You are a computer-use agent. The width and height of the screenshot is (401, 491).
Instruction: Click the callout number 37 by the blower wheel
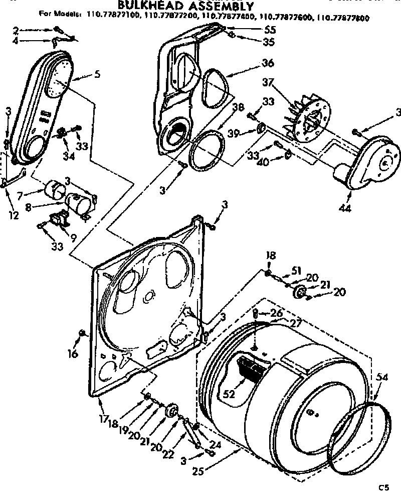tap(269, 82)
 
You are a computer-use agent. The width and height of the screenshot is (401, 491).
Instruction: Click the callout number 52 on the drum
tap(229, 381)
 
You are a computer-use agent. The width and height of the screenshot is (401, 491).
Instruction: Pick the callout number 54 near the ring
tap(382, 376)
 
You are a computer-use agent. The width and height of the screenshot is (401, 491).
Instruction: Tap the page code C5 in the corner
tap(384, 486)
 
